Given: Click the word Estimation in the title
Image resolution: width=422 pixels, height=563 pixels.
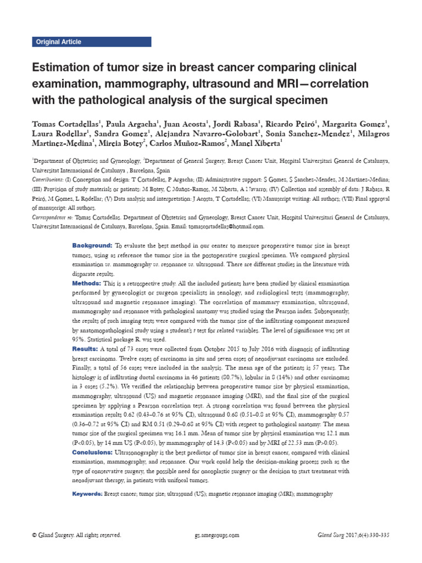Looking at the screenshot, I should (x=60, y=68).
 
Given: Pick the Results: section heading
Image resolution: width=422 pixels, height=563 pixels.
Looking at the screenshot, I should (x=85, y=349).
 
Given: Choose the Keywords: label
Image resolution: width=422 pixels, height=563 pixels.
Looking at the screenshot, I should (x=88, y=494).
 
